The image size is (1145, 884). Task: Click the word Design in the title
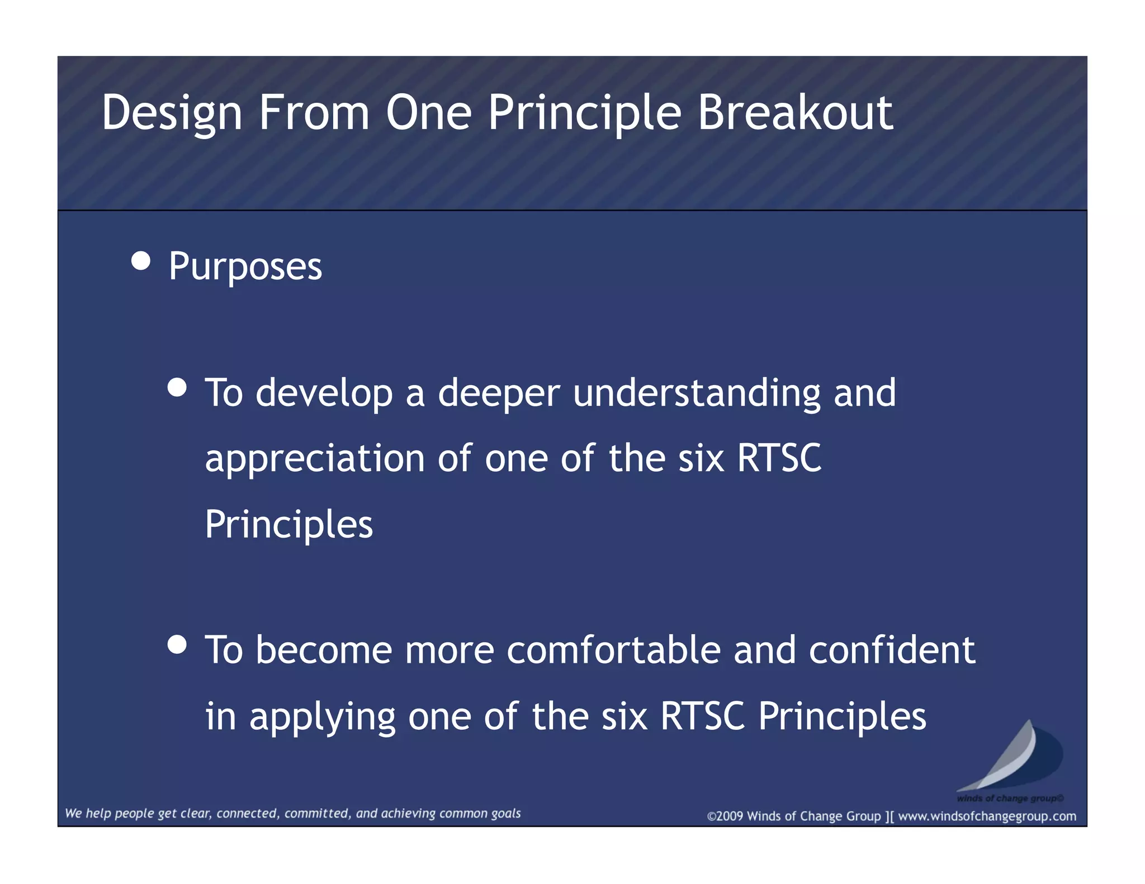point(172,113)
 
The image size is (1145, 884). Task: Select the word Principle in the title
point(584,113)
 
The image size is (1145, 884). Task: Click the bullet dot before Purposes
point(141,261)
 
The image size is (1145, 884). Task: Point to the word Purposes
point(245,267)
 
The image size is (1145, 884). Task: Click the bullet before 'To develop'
point(177,387)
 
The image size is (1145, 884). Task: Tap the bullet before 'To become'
point(177,644)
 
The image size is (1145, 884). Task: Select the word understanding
point(697,393)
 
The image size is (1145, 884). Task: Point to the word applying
point(322,717)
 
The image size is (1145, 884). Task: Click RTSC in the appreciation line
point(779,458)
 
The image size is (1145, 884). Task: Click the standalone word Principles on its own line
point(288,525)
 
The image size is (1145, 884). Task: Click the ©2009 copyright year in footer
point(725,816)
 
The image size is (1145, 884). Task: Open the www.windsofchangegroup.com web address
point(987,816)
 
